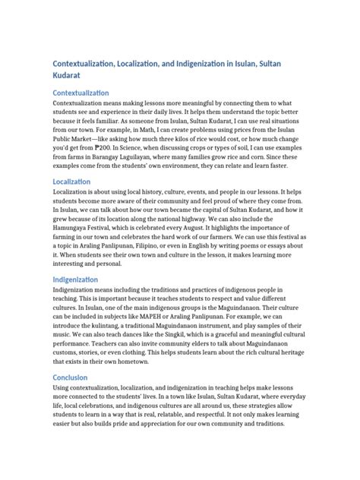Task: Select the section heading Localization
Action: (x=71, y=182)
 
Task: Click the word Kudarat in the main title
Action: (x=68, y=75)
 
